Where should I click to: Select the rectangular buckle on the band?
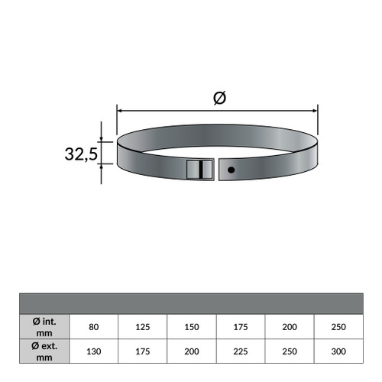click(x=197, y=170)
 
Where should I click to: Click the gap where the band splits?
click(x=219, y=170)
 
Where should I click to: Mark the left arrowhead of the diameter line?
click(x=119, y=109)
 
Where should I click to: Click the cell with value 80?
click(x=94, y=326)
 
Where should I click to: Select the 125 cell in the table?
click(x=143, y=326)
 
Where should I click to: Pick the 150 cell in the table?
click(x=192, y=326)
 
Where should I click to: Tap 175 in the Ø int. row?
click(x=241, y=326)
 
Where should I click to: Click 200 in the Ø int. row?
click(x=290, y=326)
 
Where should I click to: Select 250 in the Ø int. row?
click(x=338, y=326)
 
